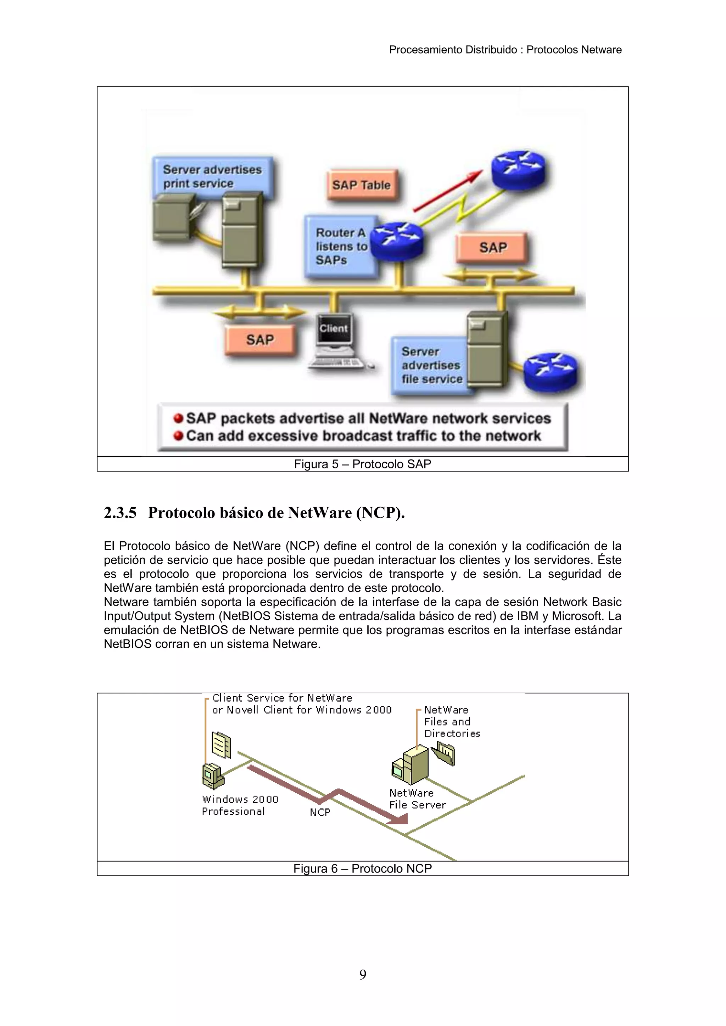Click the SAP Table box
[x=361, y=185]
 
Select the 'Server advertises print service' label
[x=212, y=176]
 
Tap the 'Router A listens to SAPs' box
[x=341, y=246]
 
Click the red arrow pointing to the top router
[x=447, y=191]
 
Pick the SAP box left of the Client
[x=260, y=340]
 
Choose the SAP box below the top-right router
[x=493, y=247]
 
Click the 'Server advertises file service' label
[x=430, y=365]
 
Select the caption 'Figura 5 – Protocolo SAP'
[x=362, y=464]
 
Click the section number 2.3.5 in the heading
[x=120, y=513]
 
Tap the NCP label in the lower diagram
[x=320, y=812]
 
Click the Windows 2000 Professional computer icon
[x=213, y=776]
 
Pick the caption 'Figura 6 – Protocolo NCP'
[x=362, y=868]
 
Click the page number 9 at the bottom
[x=363, y=974]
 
